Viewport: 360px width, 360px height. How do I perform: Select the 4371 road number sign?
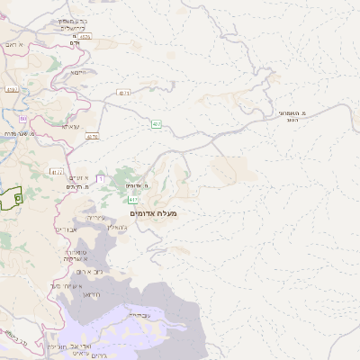click(x=124, y=93)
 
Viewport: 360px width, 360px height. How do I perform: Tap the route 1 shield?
click(x=101, y=179)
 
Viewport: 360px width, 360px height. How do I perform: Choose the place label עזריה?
click(x=96, y=218)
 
